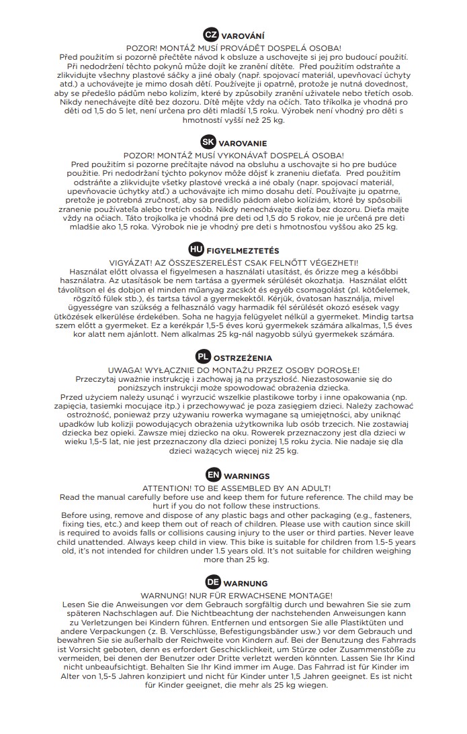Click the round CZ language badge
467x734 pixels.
[210, 35]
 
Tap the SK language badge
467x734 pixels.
[208, 142]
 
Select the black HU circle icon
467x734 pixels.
[196, 250]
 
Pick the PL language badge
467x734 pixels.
[203, 356]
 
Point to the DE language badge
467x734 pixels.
[212, 582]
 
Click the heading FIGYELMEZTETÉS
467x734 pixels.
[243, 250]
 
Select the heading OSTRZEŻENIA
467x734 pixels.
[243, 358]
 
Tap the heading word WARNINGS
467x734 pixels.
[247, 476]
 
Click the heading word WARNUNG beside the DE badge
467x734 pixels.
[246, 584]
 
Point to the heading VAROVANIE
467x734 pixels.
[243, 144]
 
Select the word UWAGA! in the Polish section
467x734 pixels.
[124, 370]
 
